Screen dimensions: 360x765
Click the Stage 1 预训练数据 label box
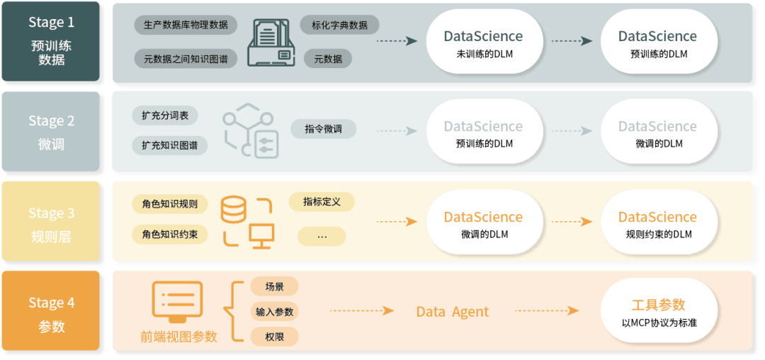[51, 42]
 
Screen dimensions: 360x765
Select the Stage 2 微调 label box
[51, 132]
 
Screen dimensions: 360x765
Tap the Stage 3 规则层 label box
[51, 223]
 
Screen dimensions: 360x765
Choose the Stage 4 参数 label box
[51, 313]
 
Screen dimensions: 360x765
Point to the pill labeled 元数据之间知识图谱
[185, 59]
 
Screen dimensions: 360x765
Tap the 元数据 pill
[328, 59]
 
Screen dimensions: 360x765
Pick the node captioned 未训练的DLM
[483, 43]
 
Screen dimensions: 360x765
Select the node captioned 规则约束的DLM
[657, 224]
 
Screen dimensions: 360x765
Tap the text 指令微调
[323, 130]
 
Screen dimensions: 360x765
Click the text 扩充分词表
[165, 116]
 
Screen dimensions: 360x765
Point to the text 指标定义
[322, 202]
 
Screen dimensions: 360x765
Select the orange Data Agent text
[452, 312]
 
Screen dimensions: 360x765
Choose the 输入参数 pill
[274, 312]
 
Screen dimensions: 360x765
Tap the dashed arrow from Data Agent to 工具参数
[546, 311]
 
